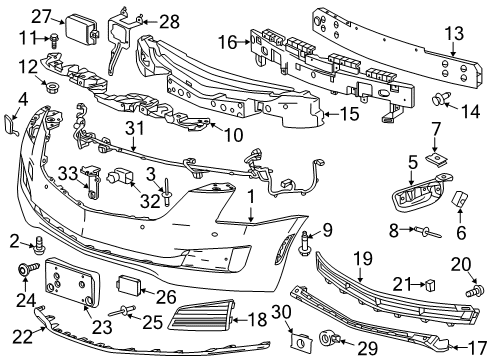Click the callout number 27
tap(40, 15)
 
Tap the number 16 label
tap(228, 42)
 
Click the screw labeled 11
tap(53, 38)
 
